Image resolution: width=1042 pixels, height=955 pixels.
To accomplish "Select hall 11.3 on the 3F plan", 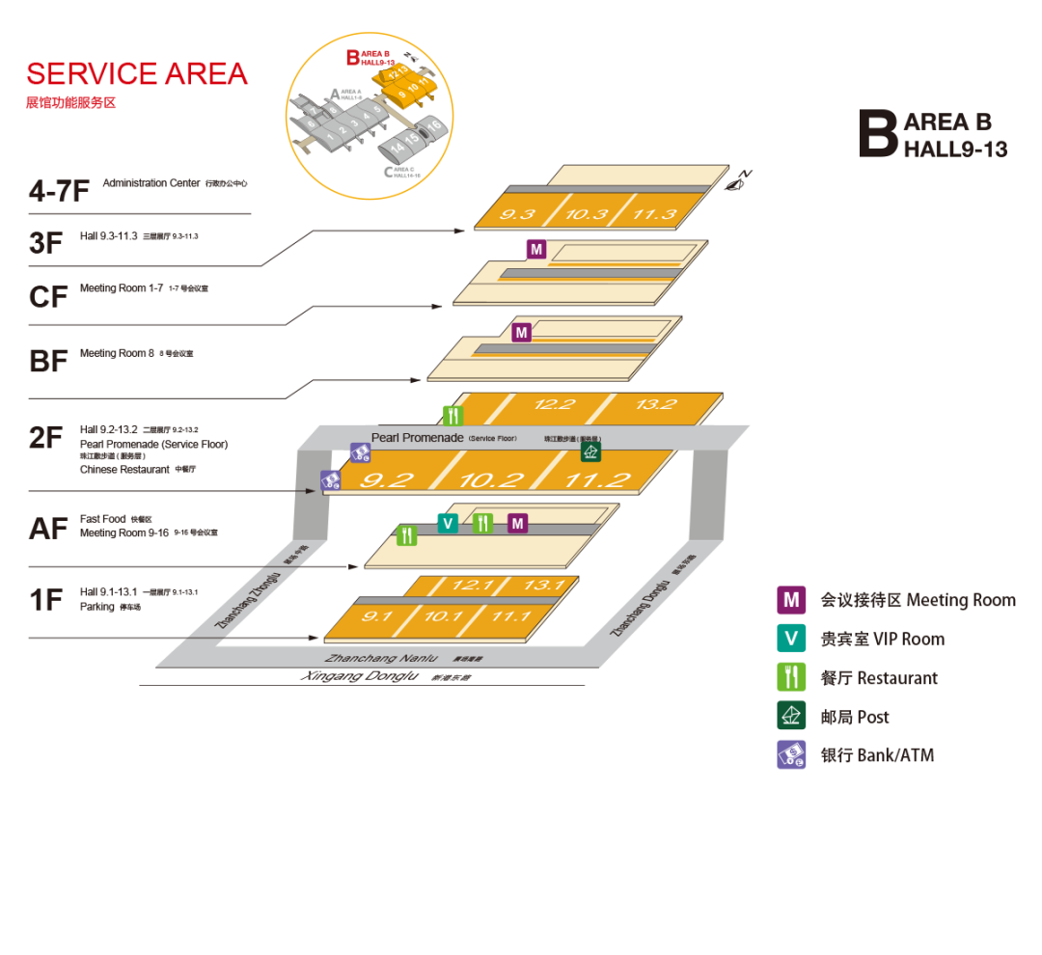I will coord(654,213).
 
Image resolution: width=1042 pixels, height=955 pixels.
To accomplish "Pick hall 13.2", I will coord(656,404).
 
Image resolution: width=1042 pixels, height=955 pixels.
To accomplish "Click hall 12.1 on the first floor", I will coord(472,585).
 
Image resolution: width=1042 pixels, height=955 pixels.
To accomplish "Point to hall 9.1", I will coord(376,615).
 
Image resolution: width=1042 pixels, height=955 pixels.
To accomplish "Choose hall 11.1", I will coord(511,615).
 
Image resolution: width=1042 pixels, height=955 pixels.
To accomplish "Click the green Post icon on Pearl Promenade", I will coord(590,451).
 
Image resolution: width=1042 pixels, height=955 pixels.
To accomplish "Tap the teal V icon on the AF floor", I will coord(448,523).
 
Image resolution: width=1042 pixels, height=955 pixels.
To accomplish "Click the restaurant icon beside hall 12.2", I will coord(453,416).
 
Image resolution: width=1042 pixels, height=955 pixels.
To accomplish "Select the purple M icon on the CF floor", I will coord(536,250).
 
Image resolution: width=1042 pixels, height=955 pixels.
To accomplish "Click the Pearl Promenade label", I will coord(417,438).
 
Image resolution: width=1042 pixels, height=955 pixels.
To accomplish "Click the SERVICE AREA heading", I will coord(137,73).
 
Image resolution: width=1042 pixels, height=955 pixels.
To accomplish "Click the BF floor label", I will coord(48,360).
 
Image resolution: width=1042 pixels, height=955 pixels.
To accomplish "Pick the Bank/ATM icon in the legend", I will coord(791,754).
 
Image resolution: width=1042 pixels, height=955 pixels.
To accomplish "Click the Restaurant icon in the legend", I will coord(791,677).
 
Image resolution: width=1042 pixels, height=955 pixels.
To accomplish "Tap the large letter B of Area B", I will coord(878,133).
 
